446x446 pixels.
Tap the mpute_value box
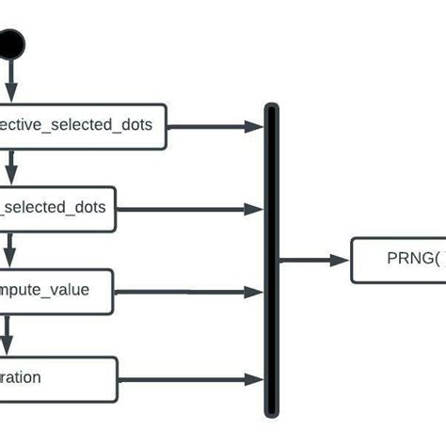point(56,290)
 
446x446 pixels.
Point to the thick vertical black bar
point(272,259)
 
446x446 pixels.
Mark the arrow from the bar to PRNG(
point(314,261)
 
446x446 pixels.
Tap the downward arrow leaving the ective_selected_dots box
point(10,167)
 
